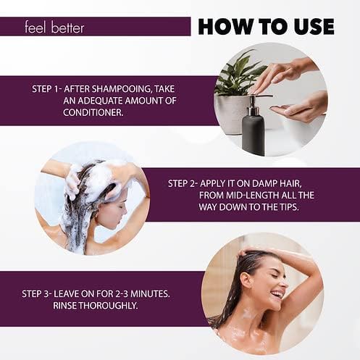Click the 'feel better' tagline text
(54, 28)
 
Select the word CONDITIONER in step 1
(93, 112)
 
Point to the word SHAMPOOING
(122, 89)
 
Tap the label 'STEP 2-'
(183, 183)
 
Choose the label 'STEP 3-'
(37, 294)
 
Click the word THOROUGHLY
(109, 306)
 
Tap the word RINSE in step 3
(65, 306)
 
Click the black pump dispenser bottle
(253, 130)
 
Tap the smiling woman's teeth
(278, 294)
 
